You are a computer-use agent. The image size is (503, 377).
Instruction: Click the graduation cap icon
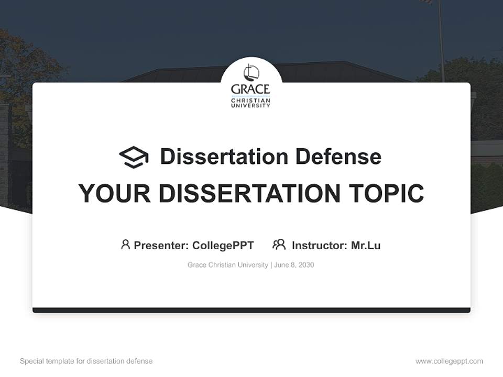click(x=134, y=157)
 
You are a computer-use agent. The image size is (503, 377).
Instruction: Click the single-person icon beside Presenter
click(x=125, y=245)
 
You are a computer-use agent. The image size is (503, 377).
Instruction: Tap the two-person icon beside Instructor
click(x=279, y=245)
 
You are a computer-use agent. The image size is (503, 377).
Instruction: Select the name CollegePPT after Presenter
click(x=223, y=245)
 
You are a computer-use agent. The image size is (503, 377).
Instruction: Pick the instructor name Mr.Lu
click(x=366, y=245)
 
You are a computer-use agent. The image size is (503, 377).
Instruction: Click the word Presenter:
click(x=161, y=245)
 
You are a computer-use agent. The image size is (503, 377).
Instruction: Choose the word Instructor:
click(x=320, y=245)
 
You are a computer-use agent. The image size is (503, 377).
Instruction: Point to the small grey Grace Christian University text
click(x=228, y=265)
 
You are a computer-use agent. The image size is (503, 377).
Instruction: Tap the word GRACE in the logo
click(x=250, y=89)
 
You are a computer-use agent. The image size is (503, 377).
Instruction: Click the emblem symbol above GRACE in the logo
click(x=250, y=72)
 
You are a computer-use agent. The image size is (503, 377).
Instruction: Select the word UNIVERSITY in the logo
click(x=250, y=105)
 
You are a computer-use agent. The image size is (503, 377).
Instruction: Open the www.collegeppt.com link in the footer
click(x=449, y=361)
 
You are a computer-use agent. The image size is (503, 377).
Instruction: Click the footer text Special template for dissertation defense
click(x=86, y=361)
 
